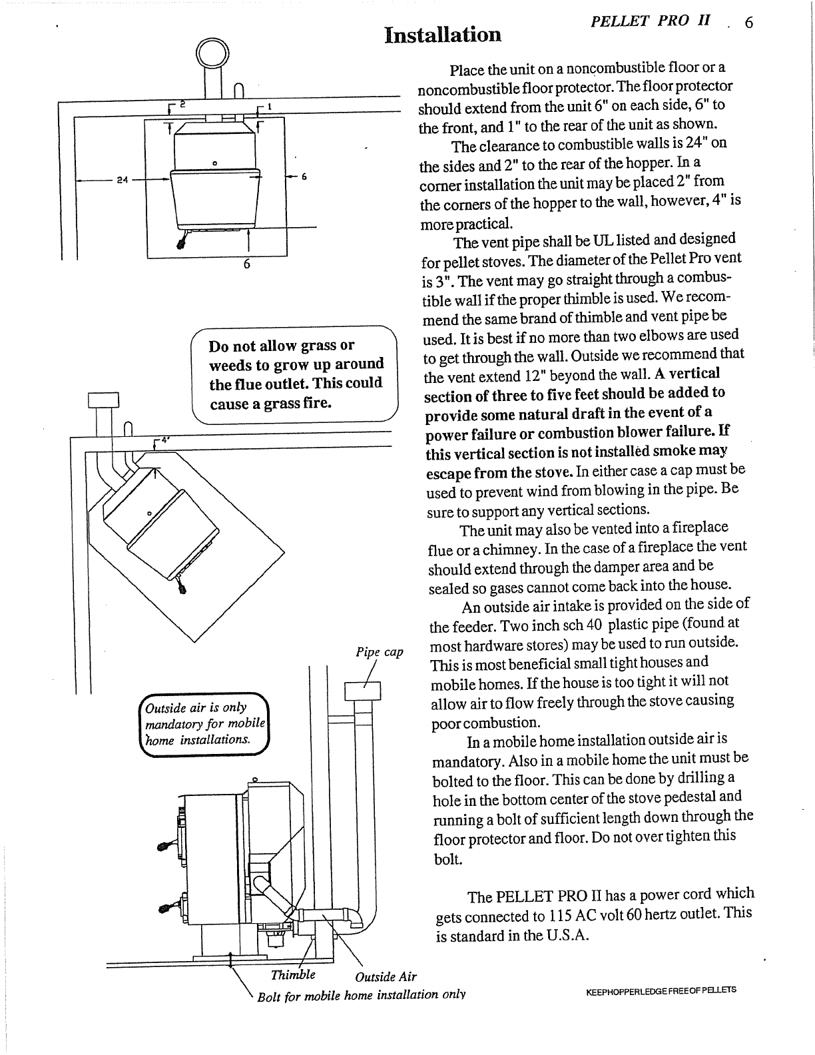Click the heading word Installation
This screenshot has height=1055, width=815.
(x=443, y=35)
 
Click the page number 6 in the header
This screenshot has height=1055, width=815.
(x=749, y=24)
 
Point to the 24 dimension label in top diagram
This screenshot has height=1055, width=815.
(x=122, y=180)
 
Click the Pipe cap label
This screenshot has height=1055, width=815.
(x=380, y=652)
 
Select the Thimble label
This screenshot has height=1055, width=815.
(x=293, y=974)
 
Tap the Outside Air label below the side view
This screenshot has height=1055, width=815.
(x=386, y=977)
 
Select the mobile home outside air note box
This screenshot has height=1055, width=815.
(x=204, y=723)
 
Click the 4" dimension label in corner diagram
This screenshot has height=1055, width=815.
(x=160, y=441)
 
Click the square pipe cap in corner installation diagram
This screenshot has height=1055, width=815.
(x=103, y=400)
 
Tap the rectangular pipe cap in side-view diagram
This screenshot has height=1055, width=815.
(x=362, y=691)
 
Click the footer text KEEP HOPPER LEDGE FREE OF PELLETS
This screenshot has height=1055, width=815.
(x=661, y=990)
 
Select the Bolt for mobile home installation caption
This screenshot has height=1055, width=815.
(x=361, y=995)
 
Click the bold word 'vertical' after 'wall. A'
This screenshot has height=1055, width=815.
(x=694, y=374)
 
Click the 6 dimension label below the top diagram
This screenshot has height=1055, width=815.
(x=246, y=264)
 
